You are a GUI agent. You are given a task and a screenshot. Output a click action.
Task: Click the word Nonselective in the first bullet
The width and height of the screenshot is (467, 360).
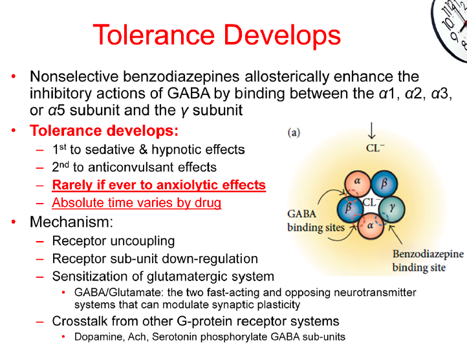pos(72,77)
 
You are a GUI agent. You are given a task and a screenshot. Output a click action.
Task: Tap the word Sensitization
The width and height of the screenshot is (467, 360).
pos(91,277)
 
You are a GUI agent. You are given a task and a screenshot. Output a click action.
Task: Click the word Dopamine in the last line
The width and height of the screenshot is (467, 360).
pos(96,337)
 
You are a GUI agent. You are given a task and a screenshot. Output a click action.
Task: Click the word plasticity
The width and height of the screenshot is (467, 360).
pos(277,304)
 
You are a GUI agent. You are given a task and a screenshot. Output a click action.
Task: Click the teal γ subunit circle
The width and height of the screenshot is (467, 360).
pos(392,209)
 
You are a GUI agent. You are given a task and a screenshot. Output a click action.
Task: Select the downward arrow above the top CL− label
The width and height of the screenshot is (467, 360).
pos(371,131)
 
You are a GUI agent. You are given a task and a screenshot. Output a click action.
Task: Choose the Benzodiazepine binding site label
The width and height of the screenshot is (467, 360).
pos(428,260)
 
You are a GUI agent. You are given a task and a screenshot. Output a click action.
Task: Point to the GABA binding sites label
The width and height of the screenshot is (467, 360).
pos(315,221)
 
